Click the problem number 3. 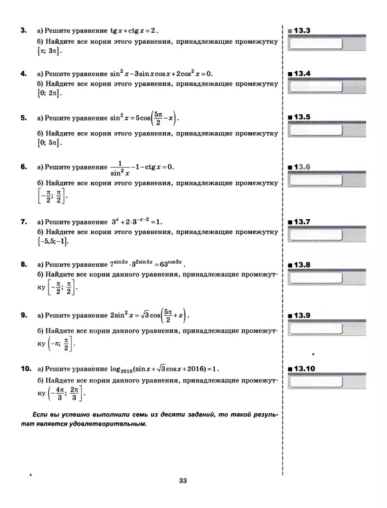(23, 30)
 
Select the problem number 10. (26, 369)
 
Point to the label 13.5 (301, 117)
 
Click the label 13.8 (301, 265)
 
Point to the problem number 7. (23, 222)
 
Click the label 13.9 (301, 315)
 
